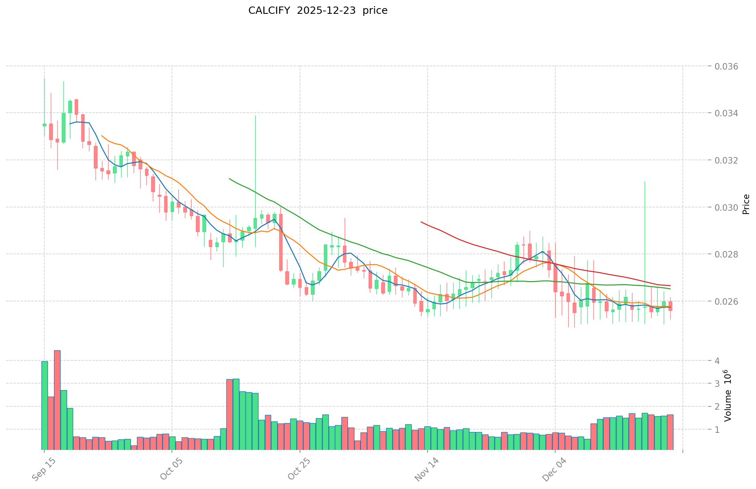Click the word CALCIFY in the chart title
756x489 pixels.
(x=269, y=11)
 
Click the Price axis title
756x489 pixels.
(x=746, y=204)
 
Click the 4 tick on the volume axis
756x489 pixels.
(x=717, y=361)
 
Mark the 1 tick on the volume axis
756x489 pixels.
(x=717, y=430)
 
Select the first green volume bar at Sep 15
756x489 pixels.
(x=45, y=405)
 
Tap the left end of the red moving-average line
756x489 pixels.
(x=421, y=222)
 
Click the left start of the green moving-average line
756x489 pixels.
(x=230, y=179)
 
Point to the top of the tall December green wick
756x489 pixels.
(x=645, y=181)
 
